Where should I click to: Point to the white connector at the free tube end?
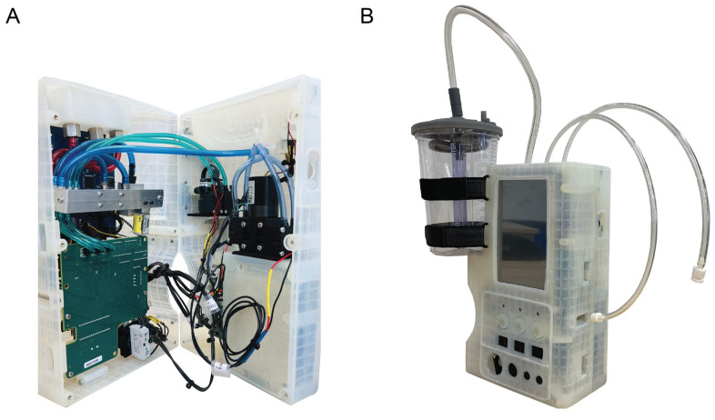pos(700,270)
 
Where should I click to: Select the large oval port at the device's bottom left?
pos(497,368)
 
